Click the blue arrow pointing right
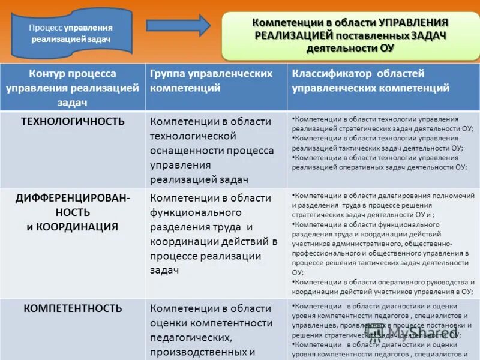pos(178,25)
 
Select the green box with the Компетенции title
pos(351,34)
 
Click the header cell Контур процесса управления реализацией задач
pos(73,88)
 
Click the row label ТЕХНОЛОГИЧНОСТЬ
pos(73,121)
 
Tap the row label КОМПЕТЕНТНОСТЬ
pos(73,308)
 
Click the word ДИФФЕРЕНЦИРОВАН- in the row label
pos(73,197)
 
